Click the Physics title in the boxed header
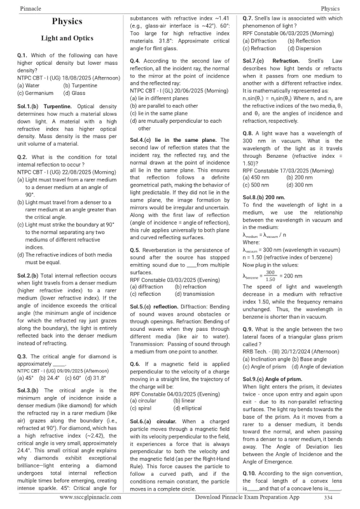pos(67,20)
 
